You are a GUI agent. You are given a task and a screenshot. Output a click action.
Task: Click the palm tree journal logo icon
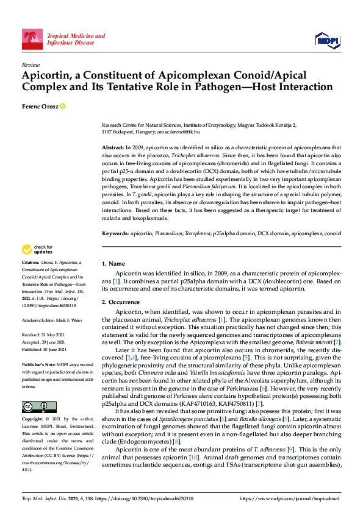32,39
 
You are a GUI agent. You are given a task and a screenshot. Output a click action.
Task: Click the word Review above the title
30,64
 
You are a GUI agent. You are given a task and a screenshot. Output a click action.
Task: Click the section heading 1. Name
113,263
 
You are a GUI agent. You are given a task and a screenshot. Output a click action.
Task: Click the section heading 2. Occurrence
121,302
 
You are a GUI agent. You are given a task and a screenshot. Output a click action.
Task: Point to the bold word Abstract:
112,148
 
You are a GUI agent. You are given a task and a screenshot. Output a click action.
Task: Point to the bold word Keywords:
115,233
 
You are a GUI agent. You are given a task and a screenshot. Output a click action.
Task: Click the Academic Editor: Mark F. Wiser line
54,320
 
